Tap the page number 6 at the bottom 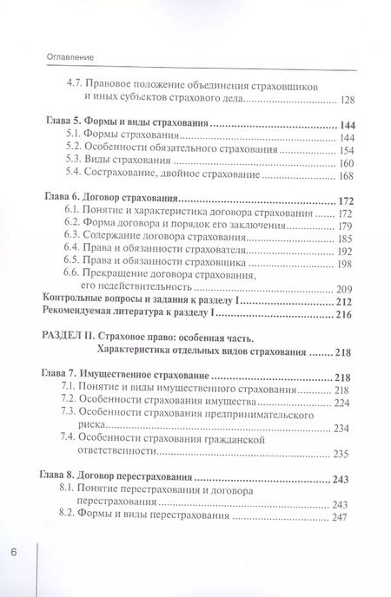pyautogui.click(x=13, y=552)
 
